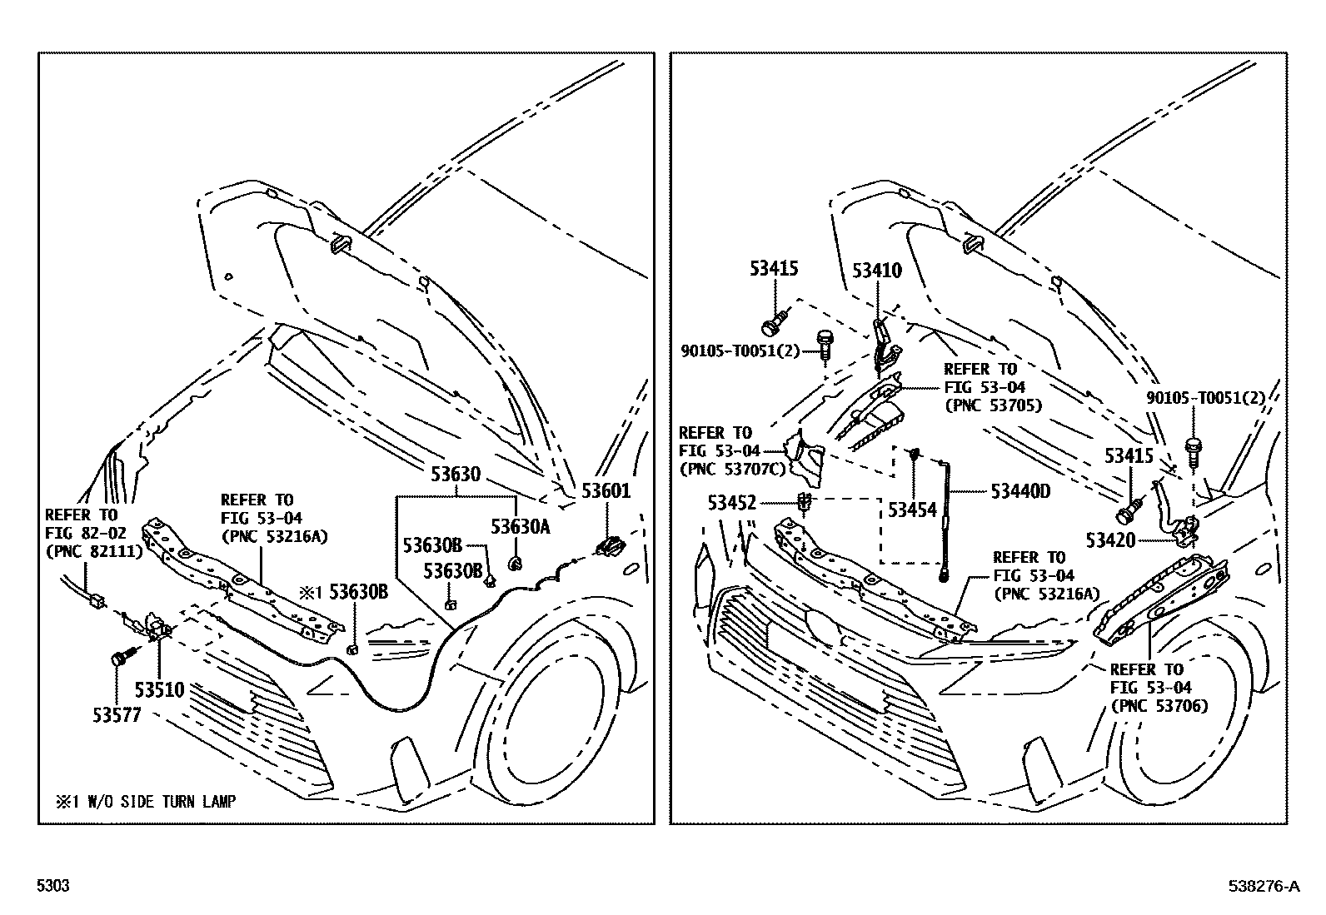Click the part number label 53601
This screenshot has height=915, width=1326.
[x=606, y=490]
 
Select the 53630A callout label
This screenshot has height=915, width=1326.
[x=520, y=526]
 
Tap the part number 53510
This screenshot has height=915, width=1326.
[x=159, y=689]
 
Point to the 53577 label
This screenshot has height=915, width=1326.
[x=117, y=715]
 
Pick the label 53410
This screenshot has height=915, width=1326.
[x=877, y=271]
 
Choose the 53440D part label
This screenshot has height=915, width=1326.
[x=1020, y=491]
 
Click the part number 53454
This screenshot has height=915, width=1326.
[x=912, y=510]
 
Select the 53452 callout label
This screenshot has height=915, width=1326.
[x=732, y=503]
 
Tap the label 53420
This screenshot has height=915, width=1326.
[x=1110, y=540]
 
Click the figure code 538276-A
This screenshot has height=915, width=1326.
[x=1264, y=886]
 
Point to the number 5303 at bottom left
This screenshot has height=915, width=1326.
[x=53, y=885]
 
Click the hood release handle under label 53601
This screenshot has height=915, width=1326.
[x=610, y=545]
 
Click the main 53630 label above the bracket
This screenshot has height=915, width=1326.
[x=456, y=474]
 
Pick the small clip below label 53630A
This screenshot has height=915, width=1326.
[x=516, y=564]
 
